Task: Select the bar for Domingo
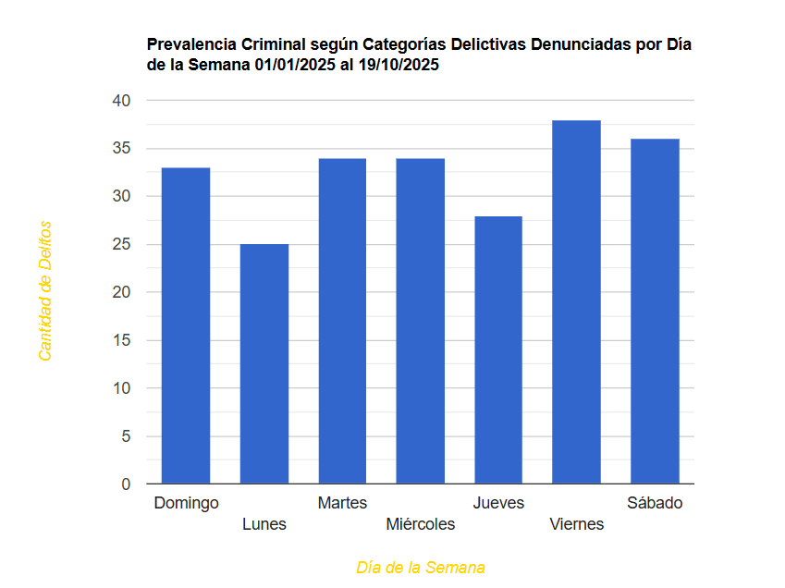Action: coord(186,325)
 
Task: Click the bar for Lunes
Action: coord(264,363)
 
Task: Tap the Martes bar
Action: coord(342,321)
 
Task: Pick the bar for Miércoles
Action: coord(421,321)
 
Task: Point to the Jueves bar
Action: coord(498,349)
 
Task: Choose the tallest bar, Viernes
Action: coord(576,301)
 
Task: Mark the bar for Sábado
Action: coord(655,311)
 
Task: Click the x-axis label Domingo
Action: coord(186,503)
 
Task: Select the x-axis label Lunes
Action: coord(264,524)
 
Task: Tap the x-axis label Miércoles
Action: coord(421,524)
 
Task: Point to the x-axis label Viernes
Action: coord(576,524)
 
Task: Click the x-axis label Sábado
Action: coord(655,503)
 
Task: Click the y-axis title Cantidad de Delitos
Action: coord(44,290)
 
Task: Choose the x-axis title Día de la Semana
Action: coord(421,567)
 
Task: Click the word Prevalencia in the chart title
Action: coord(191,45)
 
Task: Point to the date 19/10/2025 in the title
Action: coord(394,66)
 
